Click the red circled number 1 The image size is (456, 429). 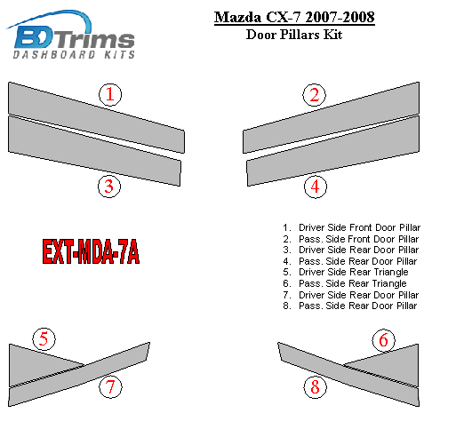[110, 94]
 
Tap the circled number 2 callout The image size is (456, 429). [314, 95]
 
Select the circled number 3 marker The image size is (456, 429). [109, 187]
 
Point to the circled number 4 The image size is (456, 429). [316, 187]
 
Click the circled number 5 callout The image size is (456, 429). [44, 339]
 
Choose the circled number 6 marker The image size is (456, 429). [383, 340]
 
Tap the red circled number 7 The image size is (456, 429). [110, 387]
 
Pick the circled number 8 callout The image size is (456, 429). [315, 387]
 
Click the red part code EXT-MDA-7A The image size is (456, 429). [91, 251]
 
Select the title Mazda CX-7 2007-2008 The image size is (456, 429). [294, 17]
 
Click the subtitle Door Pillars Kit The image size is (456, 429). [294, 35]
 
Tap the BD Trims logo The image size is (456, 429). [70, 34]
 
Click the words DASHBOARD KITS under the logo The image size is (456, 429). [74, 54]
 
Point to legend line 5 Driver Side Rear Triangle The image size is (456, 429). [346, 272]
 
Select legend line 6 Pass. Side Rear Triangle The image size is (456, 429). [345, 283]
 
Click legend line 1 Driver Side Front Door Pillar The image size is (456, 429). [351, 227]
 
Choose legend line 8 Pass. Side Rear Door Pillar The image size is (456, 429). [350, 306]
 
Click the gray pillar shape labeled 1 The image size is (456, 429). [96, 118]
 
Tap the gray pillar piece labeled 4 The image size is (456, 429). [333, 151]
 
